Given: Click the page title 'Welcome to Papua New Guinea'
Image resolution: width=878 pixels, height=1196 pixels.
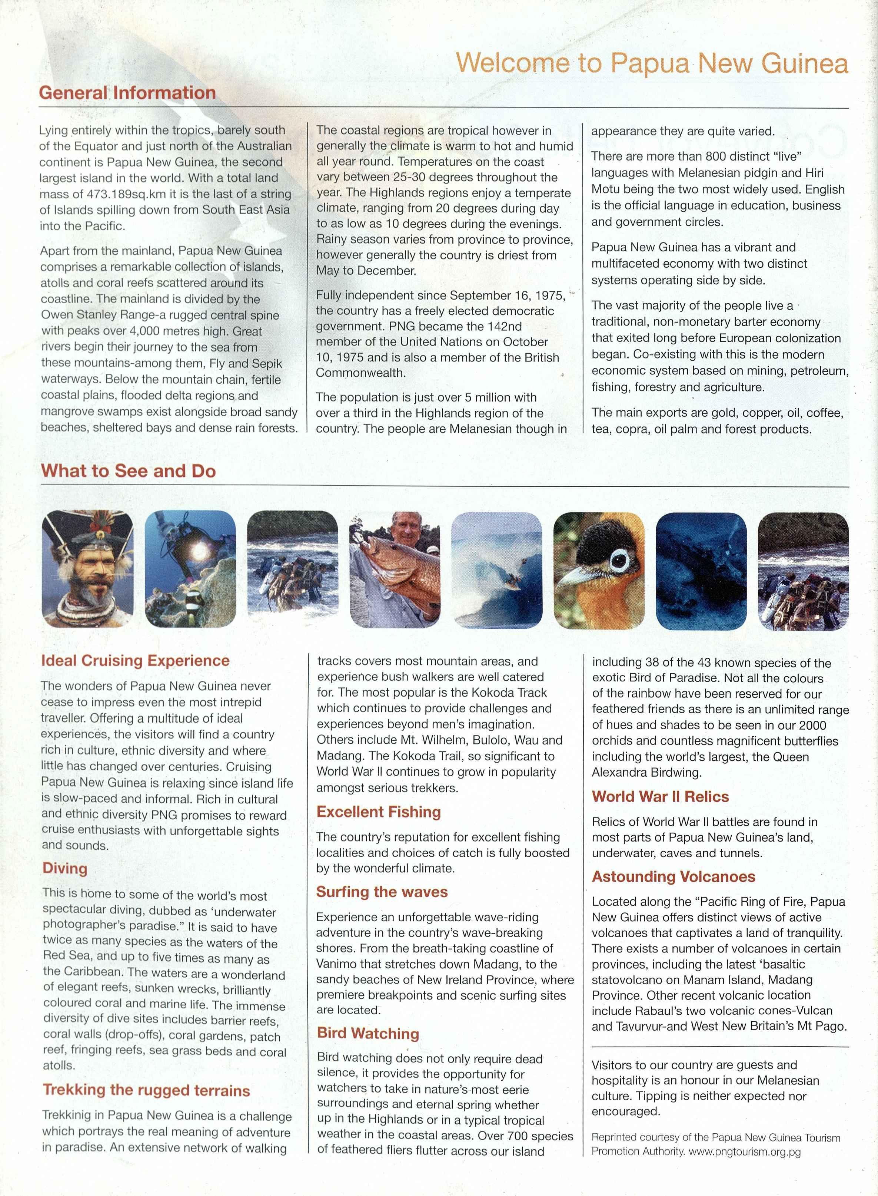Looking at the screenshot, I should (652, 63).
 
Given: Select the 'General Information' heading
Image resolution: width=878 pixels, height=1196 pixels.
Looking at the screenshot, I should (127, 93).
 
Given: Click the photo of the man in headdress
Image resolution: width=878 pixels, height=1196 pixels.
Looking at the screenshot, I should (88, 569).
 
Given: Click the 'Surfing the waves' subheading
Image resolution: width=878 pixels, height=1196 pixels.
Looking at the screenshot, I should (382, 892).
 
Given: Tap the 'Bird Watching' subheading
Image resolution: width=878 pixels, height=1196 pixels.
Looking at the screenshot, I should (368, 1033).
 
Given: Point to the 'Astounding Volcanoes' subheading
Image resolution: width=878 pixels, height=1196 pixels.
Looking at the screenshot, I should (674, 876).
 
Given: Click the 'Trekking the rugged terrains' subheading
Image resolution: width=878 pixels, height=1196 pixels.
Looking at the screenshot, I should (146, 1090).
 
